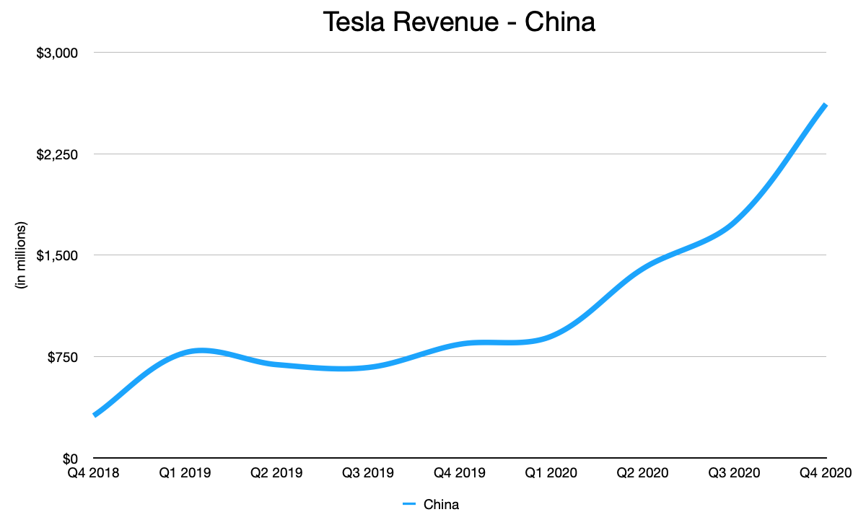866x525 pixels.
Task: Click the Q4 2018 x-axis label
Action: pos(94,474)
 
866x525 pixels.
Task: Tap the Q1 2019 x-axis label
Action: pos(185,474)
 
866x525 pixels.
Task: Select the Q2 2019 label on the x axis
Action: pos(276,474)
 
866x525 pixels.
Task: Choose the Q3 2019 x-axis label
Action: pos(368,474)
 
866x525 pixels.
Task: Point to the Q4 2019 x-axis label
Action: pos(460,474)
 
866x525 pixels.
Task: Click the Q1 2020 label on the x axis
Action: pos(551,474)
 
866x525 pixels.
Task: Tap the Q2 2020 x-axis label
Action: pos(642,474)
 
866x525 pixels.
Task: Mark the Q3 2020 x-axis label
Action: pos(734,474)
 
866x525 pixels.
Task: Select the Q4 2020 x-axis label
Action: pos(824,474)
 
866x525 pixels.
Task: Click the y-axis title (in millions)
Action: pos(21,255)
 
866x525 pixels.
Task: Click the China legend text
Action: pos(441,505)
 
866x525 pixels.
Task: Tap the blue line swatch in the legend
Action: pos(409,505)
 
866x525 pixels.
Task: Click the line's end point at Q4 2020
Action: pos(825,106)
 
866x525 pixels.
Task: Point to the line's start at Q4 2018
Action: pos(95,415)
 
